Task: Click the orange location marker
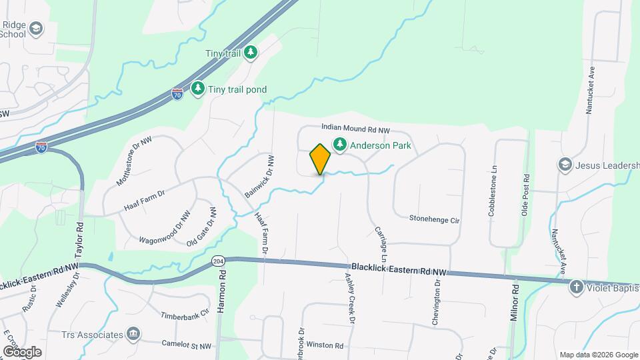coord(321,159)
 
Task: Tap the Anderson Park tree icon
coord(340,144)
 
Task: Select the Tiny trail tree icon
coord(250,52)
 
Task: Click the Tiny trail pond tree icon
coord(198,89)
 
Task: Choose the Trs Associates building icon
coord(133,333)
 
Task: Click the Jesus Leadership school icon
coord(565,164)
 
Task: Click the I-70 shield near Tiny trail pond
coord(177,94)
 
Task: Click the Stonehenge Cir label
coord(435,219)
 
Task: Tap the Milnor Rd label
coord(514,303)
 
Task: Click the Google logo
coord(22,351)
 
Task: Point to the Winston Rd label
coord(325,346)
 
